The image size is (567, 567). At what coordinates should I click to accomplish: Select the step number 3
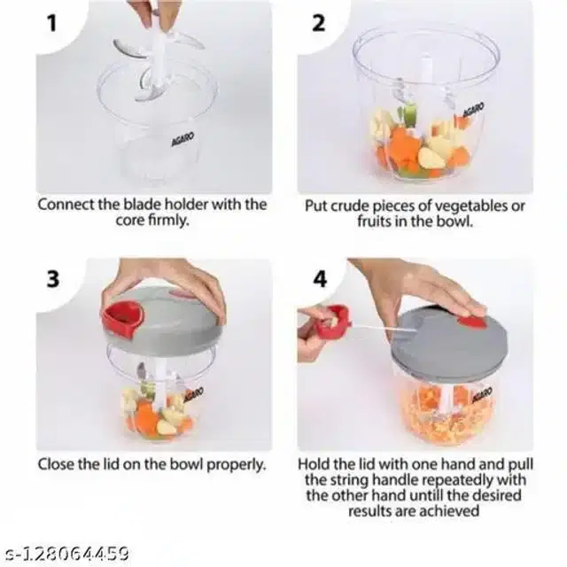[x=53, y=279]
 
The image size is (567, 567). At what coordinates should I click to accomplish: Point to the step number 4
[x=320, y=279]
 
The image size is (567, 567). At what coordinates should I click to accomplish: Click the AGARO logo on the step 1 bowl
[x=183, y=139]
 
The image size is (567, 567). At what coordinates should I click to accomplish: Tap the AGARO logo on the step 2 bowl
[x=473, y=110]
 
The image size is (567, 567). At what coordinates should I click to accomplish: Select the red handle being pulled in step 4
[x=333, y=321]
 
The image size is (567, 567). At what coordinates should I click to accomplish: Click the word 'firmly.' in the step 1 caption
[x=169, y=221]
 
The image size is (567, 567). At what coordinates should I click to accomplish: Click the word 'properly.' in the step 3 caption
[x=237, y=464]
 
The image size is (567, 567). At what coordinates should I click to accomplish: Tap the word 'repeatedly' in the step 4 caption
[x=458, y=480]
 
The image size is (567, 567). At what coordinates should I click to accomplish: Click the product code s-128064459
[x=68, y=554]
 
